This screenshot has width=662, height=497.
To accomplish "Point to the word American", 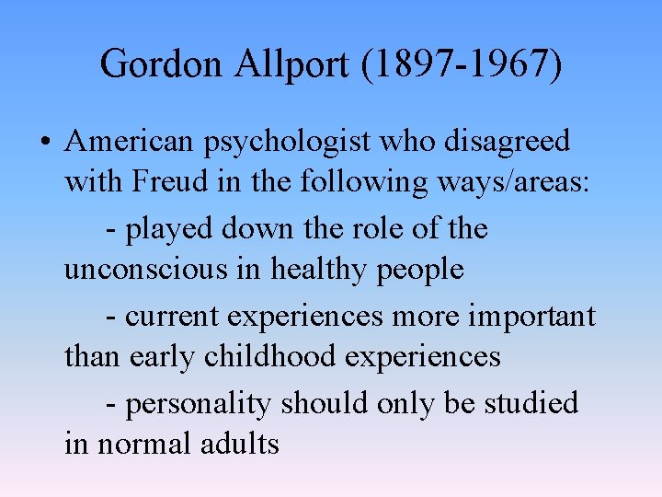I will pyautogui.click(x=130, y=142).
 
